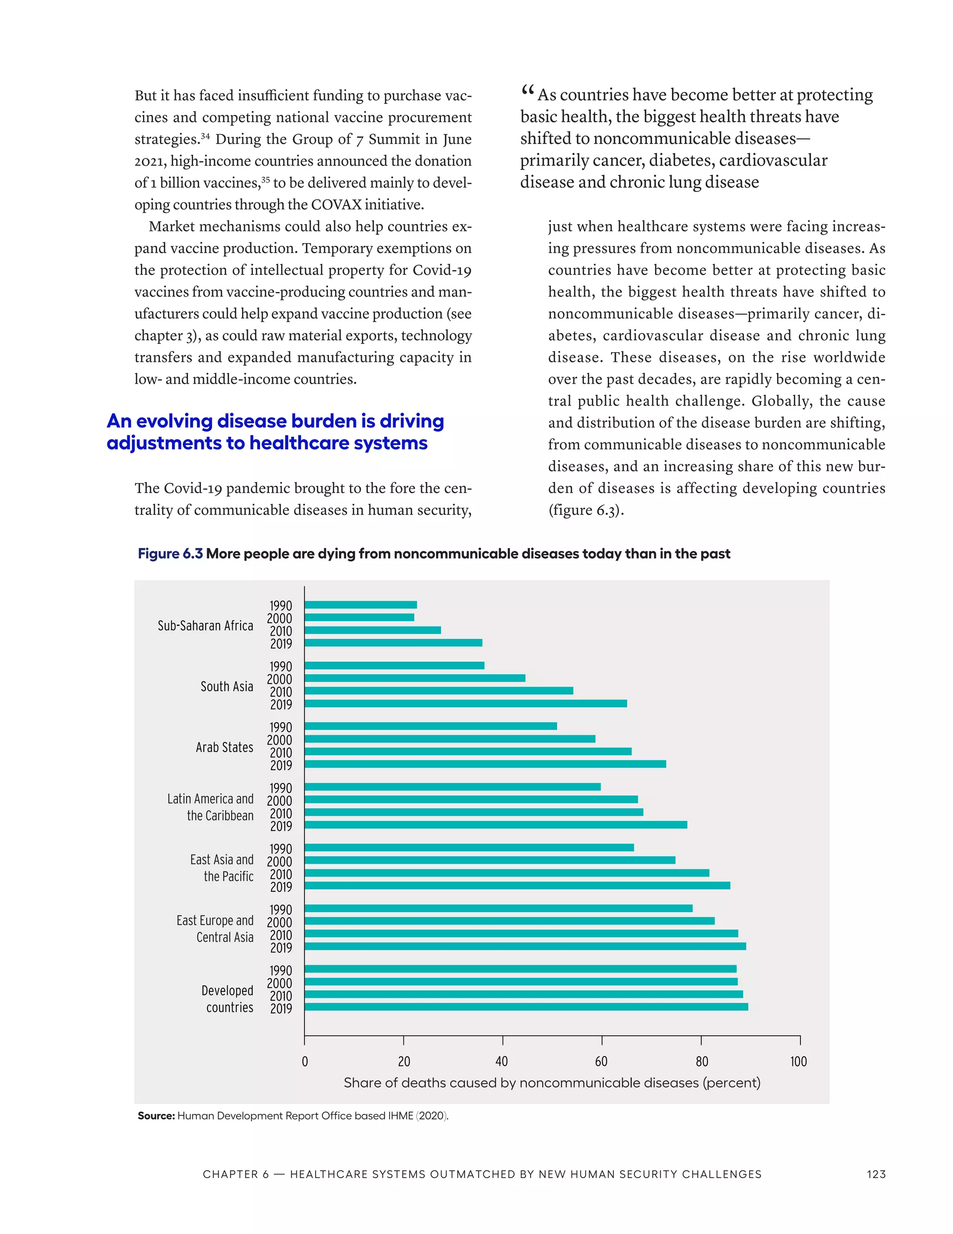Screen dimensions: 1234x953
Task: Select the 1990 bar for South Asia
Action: coord(394,665)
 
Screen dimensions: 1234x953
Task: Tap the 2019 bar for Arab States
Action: coord(485,764)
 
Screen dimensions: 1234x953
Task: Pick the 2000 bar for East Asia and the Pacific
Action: coord(490,860)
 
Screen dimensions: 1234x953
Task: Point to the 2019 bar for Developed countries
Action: coord(526,1007)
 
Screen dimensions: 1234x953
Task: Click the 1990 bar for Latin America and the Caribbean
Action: coord(452,787)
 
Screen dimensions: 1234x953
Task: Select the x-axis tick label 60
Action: coord(601,1062)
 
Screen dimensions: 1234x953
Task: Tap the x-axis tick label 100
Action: coord(799,1062)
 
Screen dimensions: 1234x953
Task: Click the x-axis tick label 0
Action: coord(305,1062)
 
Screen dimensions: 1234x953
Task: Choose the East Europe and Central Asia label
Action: coord(215,929)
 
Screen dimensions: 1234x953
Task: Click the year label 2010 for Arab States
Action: coord(281,753)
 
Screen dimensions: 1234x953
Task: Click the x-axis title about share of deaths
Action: coord(551,1083)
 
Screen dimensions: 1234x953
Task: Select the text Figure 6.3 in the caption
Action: coord(170,554)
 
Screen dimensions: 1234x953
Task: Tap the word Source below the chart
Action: coord(156,1116)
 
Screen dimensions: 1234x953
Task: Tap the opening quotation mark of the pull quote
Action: coord(527,90)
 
